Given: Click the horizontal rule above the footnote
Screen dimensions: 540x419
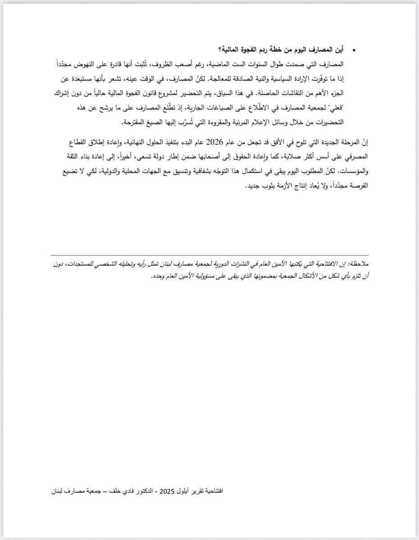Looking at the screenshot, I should pos(209,256).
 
